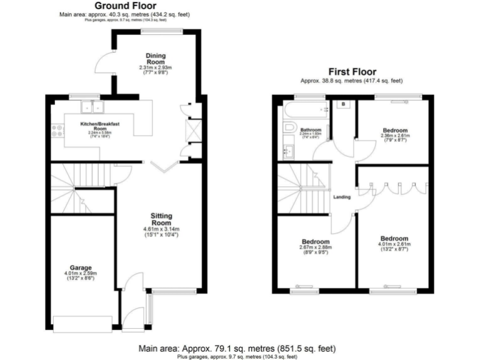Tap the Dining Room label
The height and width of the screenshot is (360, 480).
[x=155, y=58]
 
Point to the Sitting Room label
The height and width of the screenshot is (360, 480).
[x=161, y=219]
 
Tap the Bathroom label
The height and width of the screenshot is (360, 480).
[x=311, y=129]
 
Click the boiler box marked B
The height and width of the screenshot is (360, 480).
[x=343, y=104]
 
